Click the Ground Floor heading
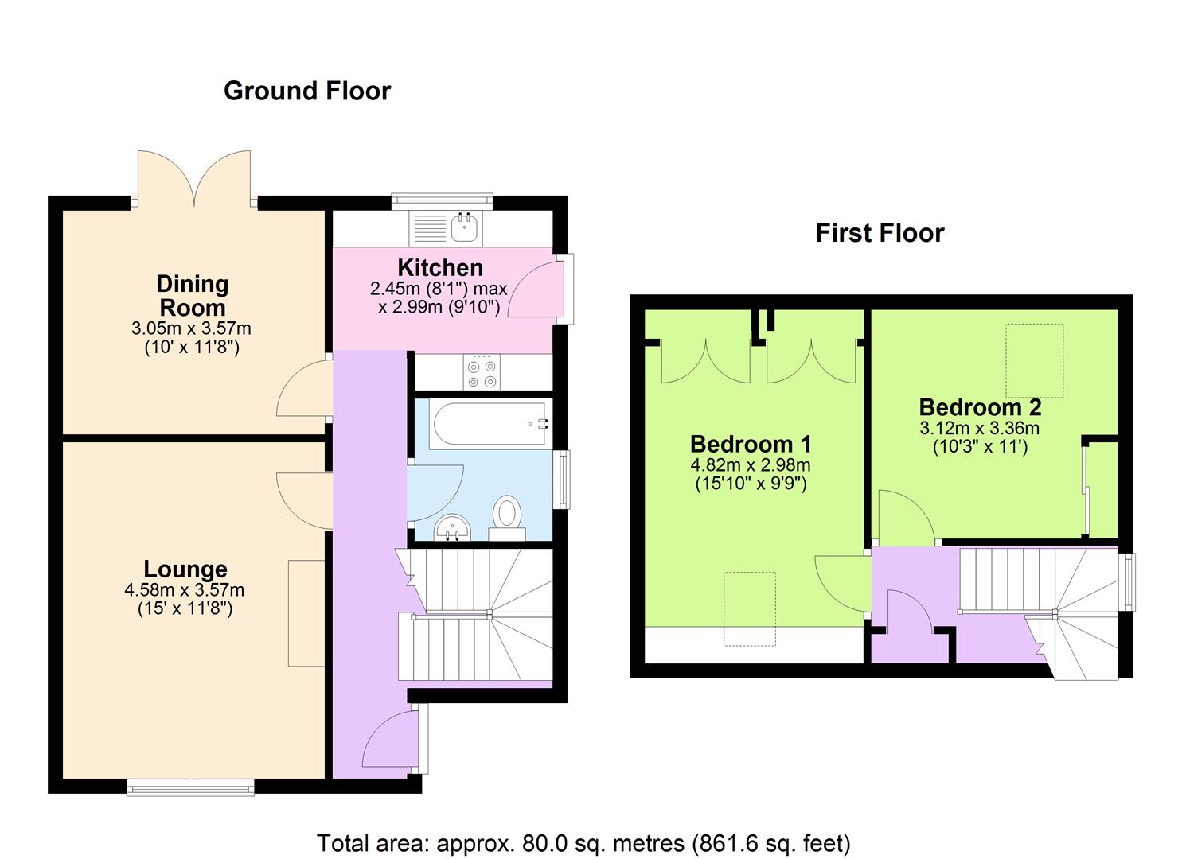(x=307, y=91)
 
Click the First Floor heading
(x=880, y=233)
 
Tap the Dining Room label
(x=192, y=295)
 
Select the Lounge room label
(x=185, y=569)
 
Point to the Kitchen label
(x=440, y=267)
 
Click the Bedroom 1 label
(x=751, y=444)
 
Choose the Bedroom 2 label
(x=980, y=407)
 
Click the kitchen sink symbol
(x=464, y=227)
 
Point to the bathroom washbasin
(x=453, y=527)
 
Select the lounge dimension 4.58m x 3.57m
(x=185, y=591)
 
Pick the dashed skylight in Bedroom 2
(x=1034, y=360)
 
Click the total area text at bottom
(x=583, y=843)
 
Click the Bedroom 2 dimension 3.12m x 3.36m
(x=980, y=429)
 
